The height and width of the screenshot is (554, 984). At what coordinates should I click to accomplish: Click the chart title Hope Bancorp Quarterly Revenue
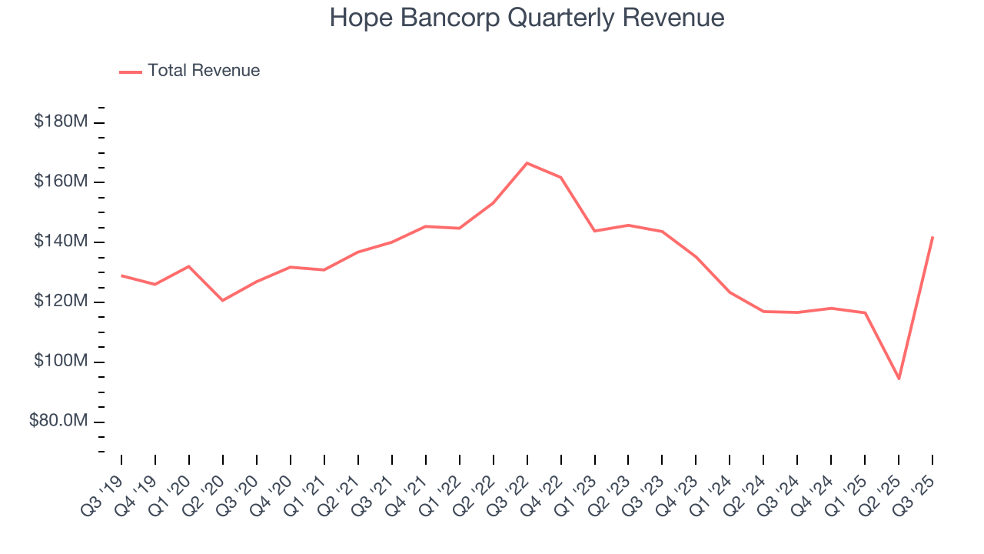[x=527, y=18]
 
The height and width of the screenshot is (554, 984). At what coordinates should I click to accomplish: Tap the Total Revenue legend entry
[x=190, y=71]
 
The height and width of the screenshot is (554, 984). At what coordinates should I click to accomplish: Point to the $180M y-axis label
[x=60, y=122]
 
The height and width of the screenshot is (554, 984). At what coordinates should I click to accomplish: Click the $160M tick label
[x=60, y=182]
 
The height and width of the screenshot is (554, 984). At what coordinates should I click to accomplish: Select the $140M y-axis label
[x=60, y=242]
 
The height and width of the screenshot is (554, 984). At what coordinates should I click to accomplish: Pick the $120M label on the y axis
[x=60, y=301]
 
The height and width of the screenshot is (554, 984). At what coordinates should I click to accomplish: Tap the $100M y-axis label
[x=60, y=361]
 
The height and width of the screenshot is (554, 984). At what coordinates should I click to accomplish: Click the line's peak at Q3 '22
[x=527, y=163]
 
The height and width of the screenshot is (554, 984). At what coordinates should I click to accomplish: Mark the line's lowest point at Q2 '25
[x=899, y=379]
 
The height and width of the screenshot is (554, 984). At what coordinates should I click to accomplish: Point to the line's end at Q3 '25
[x=932, y=237]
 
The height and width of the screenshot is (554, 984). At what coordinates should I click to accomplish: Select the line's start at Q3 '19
[x=121, y=275]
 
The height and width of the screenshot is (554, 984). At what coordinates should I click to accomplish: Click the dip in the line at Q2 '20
[x=223, y=300]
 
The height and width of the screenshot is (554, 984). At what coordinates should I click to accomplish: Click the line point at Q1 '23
[x=594, y=231]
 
